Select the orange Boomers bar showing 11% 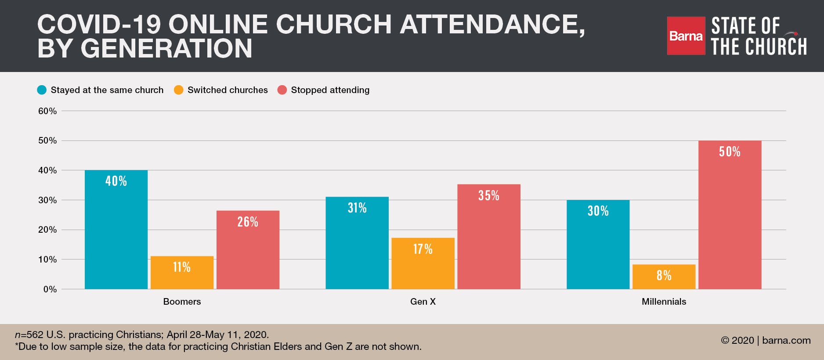(x=182, y=273)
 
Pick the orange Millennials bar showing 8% (x=664, y=277)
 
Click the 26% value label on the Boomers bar (x=248, y=222)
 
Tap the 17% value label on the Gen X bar (x=423, y=249)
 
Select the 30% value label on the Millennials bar (x=598, y=211)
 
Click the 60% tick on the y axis (x=47, y=111)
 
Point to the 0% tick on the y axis (x=50, y=289)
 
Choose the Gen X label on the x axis (x=423, y=302)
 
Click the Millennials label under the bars (x=664, y=302)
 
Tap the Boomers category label (x=182, y=302)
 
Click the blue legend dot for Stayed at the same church (x=42, y=90)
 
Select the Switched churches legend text (x=228, y=90)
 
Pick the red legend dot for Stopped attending (x=282, y=90)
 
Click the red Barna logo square (x=686, y=36)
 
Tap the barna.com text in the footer (x=786, y=340)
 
